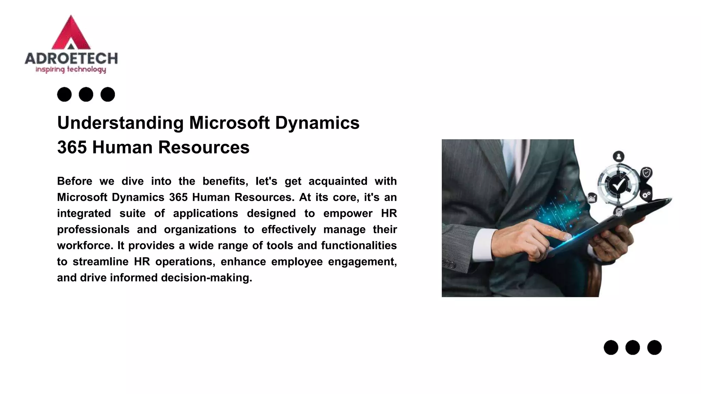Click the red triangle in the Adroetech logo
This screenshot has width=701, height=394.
coord(71,32)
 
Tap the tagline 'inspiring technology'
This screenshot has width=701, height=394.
coord(71,70)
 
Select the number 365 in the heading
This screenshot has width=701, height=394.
coord(72,147)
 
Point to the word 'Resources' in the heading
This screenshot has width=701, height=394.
coord(204,147)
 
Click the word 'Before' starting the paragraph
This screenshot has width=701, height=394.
coord(75,181)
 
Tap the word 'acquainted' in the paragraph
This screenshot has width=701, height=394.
coord(338,181)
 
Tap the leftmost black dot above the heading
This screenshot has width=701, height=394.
coord(64,94)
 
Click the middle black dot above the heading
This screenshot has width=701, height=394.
coord(86,94)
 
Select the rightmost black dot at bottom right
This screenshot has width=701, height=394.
coord(654,347)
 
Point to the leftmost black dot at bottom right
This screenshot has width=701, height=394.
coord(611,347)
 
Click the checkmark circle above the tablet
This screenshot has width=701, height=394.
coord(619,185)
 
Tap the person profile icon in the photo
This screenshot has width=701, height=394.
coord(619,157)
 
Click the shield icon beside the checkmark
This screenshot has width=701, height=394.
coord(646,173)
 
